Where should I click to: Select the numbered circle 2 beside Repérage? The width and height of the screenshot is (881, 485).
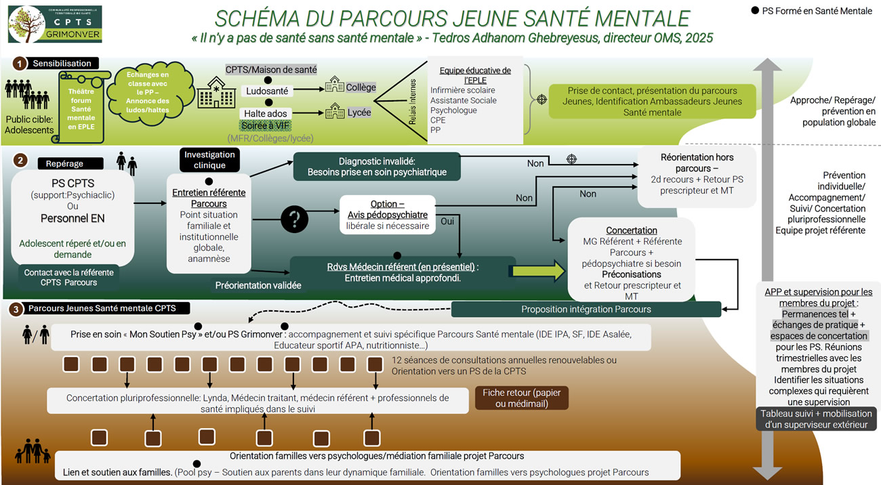(21, 161)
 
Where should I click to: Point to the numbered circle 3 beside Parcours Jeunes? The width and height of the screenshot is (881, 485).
(15, 309)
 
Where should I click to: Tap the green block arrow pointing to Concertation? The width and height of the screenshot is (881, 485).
(538, 271)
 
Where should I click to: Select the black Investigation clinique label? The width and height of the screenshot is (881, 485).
(209, 160)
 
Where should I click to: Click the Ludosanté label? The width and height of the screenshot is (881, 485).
(268, 90)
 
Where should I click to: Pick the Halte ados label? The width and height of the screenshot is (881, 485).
(267, 113)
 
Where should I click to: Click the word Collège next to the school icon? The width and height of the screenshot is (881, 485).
(361, 87)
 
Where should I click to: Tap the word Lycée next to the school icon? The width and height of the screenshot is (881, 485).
(358, 112)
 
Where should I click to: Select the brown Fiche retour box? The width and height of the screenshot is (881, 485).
(522, 398)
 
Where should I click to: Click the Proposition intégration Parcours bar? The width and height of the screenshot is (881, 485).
(586, 309)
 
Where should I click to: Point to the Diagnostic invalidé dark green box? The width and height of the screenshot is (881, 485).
(376, 166)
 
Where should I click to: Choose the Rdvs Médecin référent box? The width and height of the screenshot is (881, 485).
(403, 272)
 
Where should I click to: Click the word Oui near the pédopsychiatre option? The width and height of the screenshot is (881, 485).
(447, 220)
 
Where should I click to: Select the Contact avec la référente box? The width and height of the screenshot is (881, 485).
(70, 277)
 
